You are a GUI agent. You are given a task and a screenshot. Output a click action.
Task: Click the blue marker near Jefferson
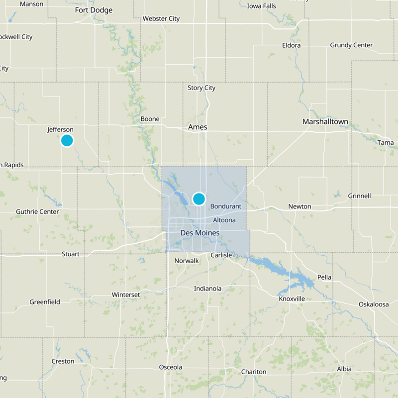tap(67, 140)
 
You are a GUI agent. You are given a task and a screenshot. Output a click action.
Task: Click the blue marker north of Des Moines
tap(199, 199)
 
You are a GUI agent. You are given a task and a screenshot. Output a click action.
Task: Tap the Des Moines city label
tap(199, 233)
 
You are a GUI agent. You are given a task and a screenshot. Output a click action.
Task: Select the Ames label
tap(198, 127)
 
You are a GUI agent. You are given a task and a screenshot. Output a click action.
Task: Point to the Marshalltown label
tap(325, 122)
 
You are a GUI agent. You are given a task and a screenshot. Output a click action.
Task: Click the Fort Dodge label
tap(94, 10)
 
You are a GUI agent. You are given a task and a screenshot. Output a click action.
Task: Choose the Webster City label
tap(161, 19)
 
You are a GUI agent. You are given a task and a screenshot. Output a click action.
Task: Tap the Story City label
tap(201, 88)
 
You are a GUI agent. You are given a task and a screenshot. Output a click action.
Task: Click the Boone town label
tap(150, 119)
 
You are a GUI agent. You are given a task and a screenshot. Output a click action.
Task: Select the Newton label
tap(299, 206)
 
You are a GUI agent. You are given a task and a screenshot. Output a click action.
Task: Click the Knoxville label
tap(292, 298)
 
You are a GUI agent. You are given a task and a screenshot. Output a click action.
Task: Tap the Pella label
tap(324, 277)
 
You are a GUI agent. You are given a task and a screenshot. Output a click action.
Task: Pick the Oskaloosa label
tap(374, 304)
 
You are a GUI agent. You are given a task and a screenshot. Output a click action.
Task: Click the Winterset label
tap(126, 295)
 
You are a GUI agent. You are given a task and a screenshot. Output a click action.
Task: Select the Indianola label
tap(208, 289)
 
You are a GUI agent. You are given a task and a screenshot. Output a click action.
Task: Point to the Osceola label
tap(171, 367)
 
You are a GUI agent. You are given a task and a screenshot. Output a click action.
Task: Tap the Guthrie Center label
tap(37, 211)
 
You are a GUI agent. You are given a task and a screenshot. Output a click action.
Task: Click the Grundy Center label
tap(351, 45)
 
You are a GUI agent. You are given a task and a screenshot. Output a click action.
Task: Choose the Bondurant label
tap(225, 206)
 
